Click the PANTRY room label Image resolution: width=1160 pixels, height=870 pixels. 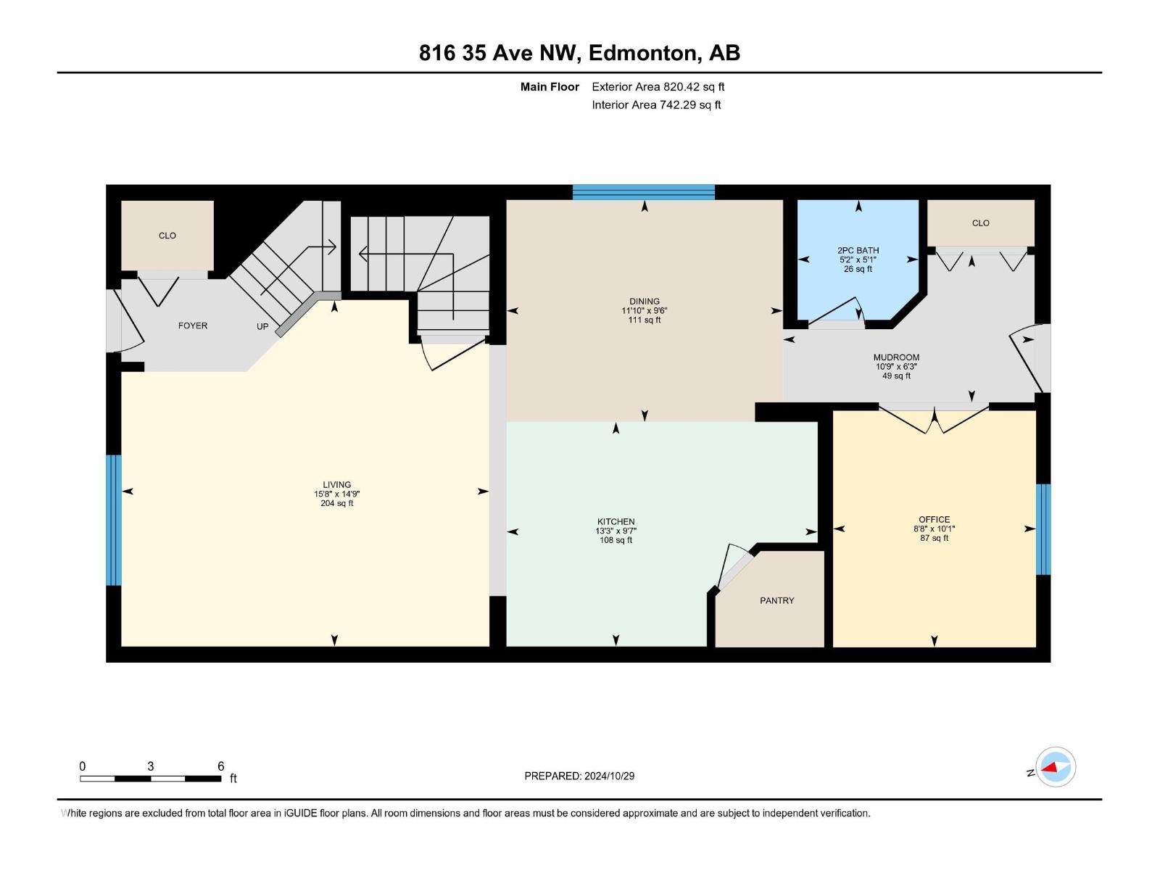776,600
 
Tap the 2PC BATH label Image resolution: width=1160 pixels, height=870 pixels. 858,250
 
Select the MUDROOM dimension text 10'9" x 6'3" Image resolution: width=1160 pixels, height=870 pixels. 896,367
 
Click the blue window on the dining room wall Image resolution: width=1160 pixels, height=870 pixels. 644,192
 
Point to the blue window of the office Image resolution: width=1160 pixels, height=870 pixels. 1043,529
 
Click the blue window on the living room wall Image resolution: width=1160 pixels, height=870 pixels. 114,520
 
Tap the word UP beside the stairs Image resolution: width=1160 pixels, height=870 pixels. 262,326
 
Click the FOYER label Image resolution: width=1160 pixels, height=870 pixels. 193,326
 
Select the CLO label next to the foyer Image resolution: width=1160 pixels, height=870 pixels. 167,236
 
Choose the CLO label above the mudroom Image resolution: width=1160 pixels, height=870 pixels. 980,223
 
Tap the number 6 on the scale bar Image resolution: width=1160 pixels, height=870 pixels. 221,766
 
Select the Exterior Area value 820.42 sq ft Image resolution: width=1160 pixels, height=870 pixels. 694,87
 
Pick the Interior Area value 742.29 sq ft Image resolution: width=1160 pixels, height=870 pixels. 689,104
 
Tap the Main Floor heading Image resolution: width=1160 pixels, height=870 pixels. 550,87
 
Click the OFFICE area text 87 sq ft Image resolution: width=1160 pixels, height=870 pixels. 934,538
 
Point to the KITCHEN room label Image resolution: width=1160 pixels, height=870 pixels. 616,521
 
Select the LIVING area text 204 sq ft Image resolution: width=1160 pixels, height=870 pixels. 336,503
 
